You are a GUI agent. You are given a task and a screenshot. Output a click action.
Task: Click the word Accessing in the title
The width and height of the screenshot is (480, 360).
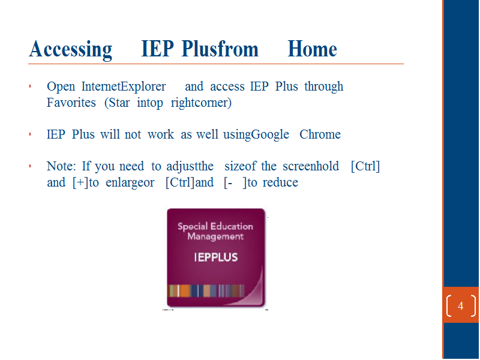tap(71, 49)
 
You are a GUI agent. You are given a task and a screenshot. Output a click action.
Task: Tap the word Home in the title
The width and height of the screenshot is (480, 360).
tap(312, 49)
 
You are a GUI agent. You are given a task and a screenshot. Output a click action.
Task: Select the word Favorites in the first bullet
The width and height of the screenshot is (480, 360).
tap(71, 103)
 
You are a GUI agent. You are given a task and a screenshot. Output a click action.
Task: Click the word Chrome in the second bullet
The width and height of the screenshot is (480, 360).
tap(320, 134)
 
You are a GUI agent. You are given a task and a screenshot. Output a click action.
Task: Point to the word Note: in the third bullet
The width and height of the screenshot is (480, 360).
tap(61, 166)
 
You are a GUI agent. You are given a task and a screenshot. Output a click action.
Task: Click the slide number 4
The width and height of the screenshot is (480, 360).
tap(460, 305)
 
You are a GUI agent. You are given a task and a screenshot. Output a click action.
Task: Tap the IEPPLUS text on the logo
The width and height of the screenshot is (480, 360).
tap(216, 257)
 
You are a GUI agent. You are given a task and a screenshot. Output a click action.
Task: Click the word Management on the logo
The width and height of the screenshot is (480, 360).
tap(215, 236)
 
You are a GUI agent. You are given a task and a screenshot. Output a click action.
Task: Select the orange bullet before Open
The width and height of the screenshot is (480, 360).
tap(30, 86)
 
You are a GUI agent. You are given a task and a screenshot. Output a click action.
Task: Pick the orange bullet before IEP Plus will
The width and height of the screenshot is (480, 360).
tap(30, 134)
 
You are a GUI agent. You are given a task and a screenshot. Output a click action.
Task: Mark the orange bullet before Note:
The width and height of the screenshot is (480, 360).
tap(30, 166)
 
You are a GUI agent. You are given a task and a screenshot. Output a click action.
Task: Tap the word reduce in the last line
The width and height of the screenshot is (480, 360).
tap(280, 182)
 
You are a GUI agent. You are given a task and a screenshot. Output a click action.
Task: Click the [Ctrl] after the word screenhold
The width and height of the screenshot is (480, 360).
tap(365, 167)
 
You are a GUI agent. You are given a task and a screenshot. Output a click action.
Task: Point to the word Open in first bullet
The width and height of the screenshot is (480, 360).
tap(61, 87)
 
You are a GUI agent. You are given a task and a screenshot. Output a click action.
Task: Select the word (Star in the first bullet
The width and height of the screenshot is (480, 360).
tap(117, 103)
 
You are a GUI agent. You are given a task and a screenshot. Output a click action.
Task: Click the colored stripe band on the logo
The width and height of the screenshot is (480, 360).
tap(206, 291)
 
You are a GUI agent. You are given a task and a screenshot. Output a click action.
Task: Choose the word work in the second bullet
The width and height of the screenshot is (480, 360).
tap(161, 134)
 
